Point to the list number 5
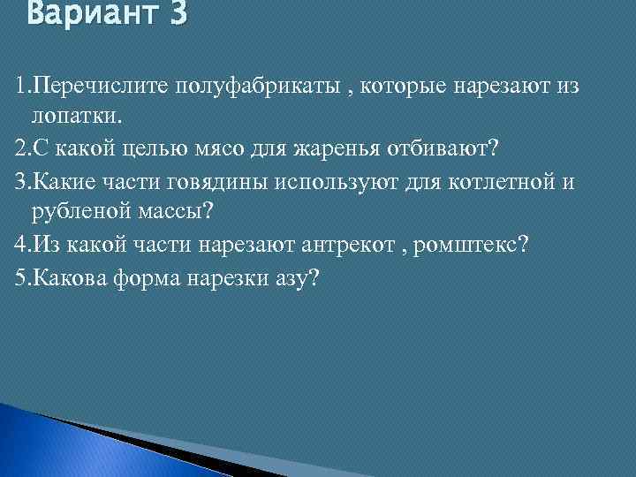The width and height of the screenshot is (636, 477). [21, 277]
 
